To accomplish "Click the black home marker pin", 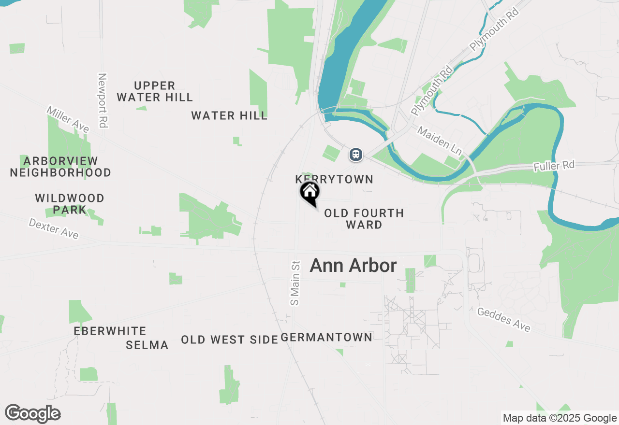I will [x=310, y=192].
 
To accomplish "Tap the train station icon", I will [x=356, y=155].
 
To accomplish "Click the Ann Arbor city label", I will [x=353, y=266].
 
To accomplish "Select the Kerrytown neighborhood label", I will [x=334, y=180].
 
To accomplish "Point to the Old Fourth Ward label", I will [x=364, y=219].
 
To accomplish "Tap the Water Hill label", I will [x=229, y=116].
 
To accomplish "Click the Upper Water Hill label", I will [x=155, y=92].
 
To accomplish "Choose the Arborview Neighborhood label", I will [x=60, y=167].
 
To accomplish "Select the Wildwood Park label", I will [x=70, y=204].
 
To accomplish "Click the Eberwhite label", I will [x=110, y=331].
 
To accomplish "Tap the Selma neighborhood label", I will [x=147, y=345].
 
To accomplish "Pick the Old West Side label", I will [x=229, y=340].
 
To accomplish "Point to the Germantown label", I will [x=326, y=337].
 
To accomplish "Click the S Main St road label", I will [x=295, y=283].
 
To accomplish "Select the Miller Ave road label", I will [x=68, y=119].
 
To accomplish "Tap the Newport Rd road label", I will [x=102, y=100].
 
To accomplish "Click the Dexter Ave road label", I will [x=53, y=228].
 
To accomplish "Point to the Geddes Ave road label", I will [x=503, y=320].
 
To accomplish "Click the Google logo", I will [x=33, y=414].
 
